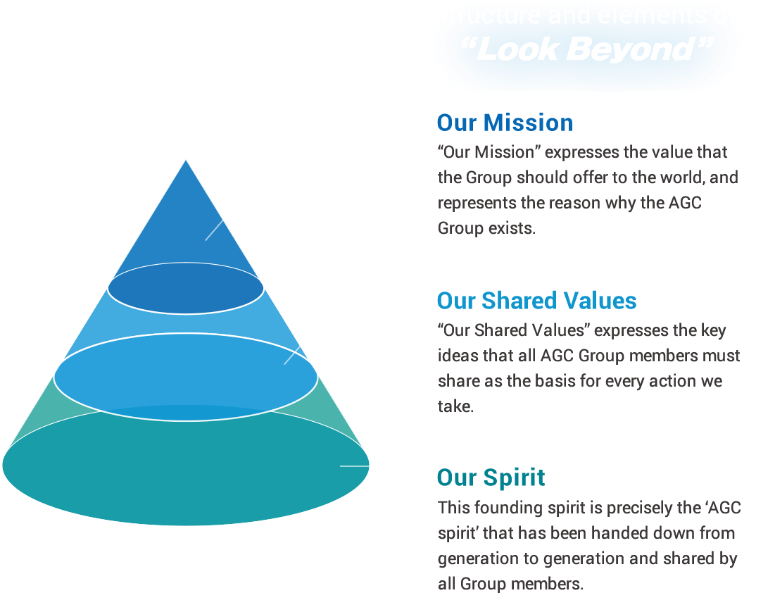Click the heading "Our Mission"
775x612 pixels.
click(x=505, y=123)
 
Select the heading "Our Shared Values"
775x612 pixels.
click(x=536, y=301)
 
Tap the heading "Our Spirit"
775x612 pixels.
click(x=491, y=477)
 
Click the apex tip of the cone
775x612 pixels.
click(x=186, y=160)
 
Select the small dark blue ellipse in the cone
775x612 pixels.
click(x=186, y=288)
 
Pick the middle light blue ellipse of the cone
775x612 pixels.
click(x=186, y=373)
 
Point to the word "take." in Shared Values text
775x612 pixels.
click(x=455, y=406)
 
